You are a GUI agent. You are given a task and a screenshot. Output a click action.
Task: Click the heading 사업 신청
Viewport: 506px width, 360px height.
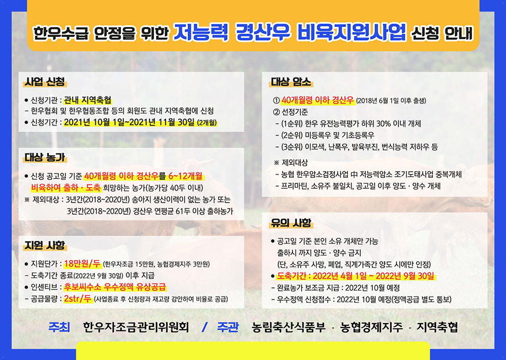45,81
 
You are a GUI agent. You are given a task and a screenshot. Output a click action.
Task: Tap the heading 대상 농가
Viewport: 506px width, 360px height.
45,157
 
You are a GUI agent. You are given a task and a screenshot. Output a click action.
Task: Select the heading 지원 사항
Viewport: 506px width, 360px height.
45,246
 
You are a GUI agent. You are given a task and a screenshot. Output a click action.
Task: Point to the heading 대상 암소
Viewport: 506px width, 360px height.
291,81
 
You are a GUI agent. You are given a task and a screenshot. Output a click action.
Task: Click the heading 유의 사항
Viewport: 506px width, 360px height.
291,223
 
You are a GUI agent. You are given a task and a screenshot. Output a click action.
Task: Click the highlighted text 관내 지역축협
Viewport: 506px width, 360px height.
88,100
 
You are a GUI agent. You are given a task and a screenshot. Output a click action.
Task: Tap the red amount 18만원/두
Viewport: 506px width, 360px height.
82,264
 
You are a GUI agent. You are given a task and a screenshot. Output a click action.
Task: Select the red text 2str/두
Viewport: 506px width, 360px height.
78,299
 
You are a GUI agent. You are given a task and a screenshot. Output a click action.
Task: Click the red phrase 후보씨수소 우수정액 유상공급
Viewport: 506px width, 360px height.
115,287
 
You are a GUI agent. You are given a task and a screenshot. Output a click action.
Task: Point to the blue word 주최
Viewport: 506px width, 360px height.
59,327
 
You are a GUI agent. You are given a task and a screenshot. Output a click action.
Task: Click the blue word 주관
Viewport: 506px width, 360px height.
228,327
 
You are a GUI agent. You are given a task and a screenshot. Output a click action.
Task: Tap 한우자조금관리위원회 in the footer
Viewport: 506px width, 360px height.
136,327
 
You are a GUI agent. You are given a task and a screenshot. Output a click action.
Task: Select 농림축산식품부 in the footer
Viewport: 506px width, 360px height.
289,327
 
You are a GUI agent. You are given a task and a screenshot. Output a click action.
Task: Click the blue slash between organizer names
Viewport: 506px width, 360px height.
204,328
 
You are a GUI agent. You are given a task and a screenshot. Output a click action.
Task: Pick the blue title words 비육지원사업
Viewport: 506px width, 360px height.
351,32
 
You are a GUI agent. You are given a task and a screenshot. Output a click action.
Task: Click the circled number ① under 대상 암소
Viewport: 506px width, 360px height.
276,100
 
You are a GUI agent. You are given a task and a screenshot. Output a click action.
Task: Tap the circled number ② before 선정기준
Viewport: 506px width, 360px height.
276,112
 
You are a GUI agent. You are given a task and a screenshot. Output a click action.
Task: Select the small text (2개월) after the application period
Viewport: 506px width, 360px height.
207,123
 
